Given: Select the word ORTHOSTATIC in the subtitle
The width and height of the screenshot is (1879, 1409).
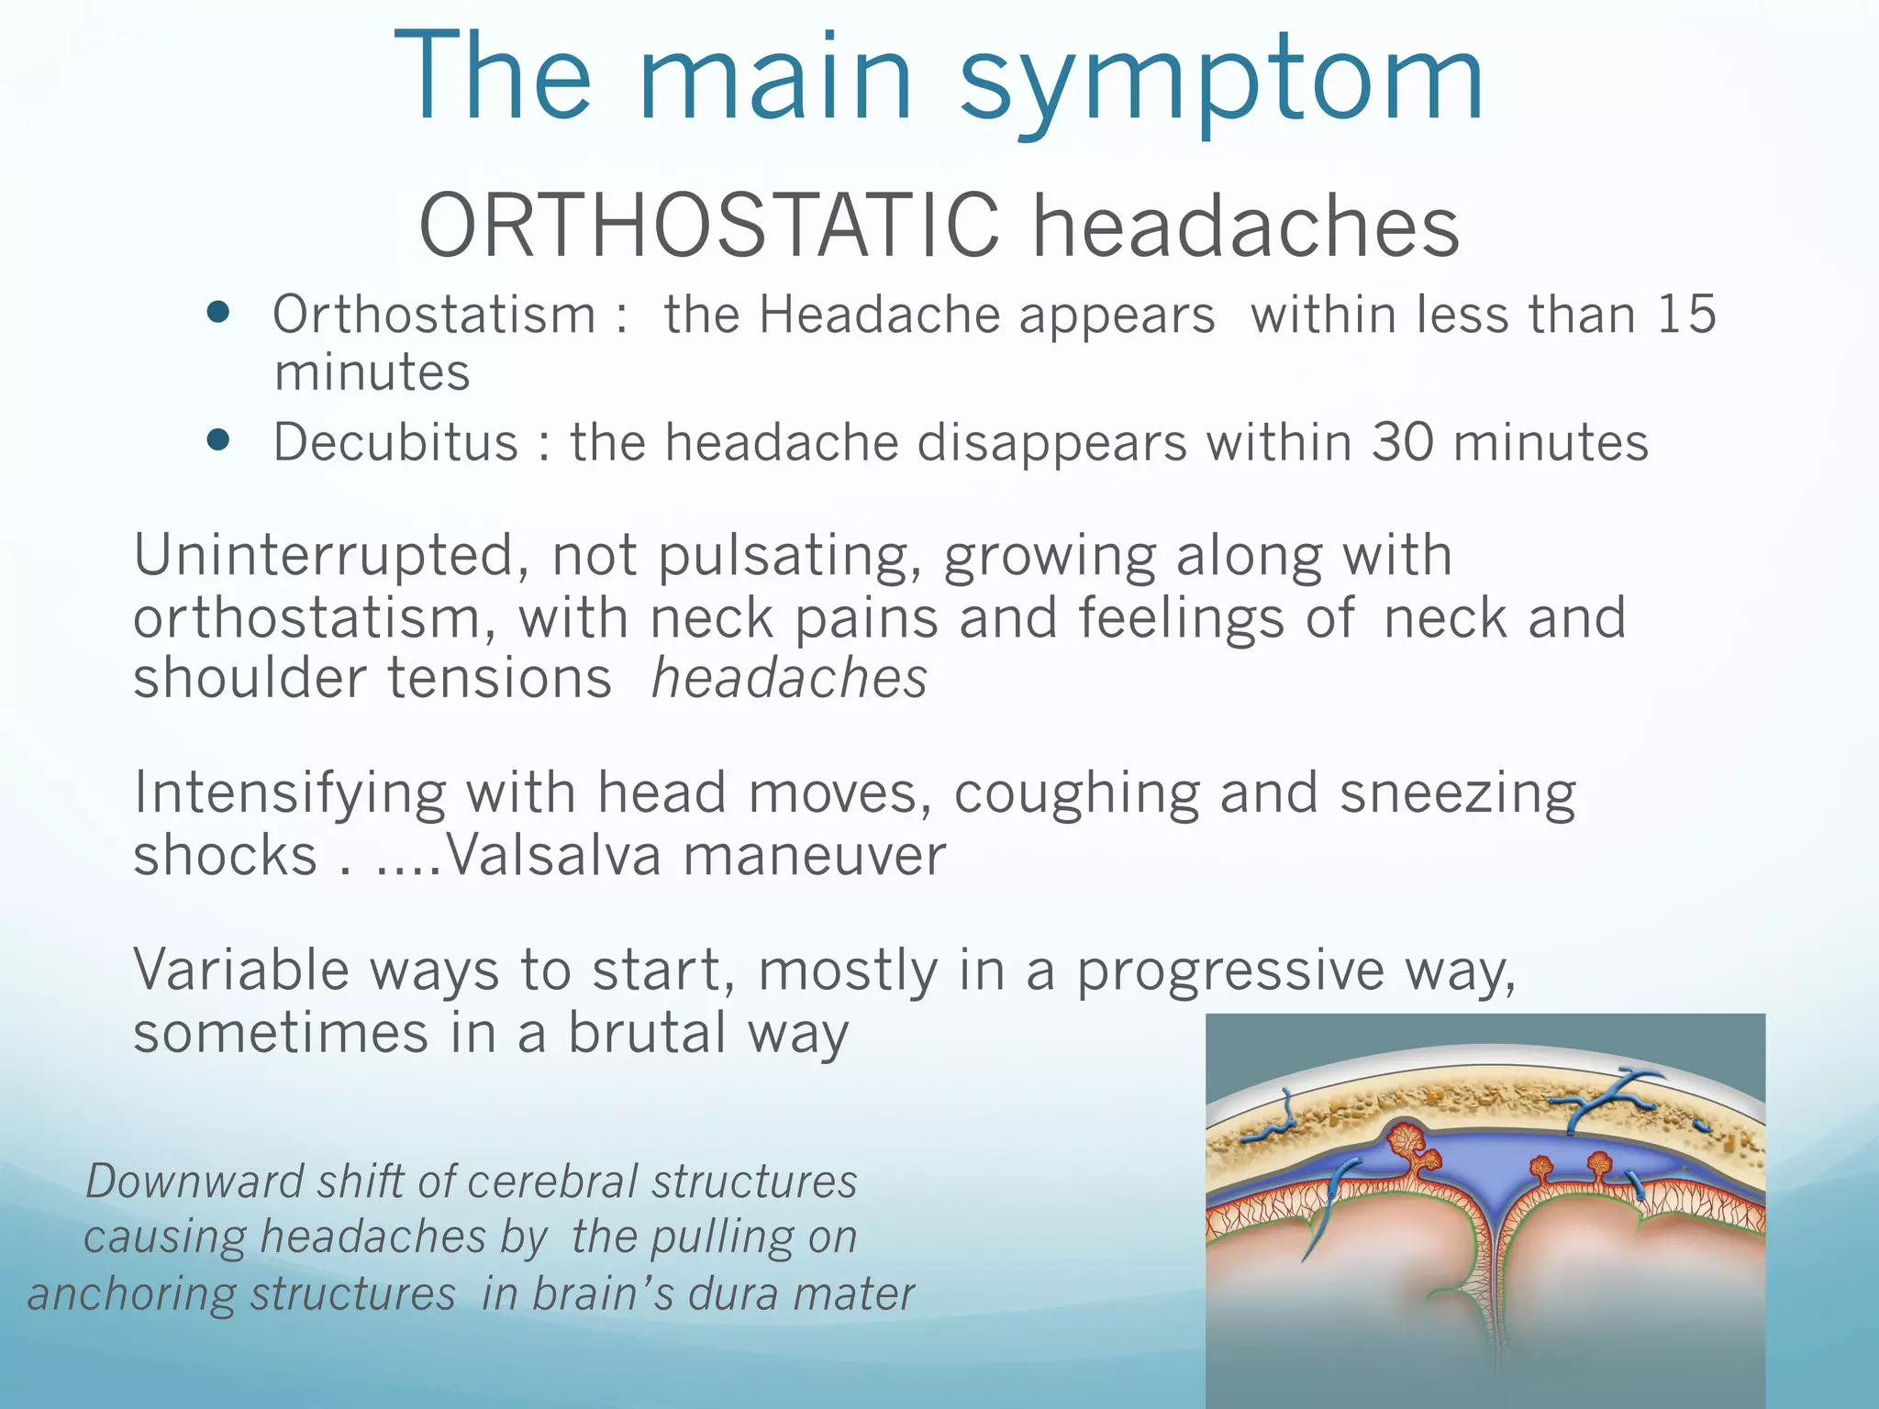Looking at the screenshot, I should pyautogui.click(x=708, y=226).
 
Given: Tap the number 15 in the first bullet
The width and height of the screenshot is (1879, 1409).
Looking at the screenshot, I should pyautogui.click(x=1686, y=315).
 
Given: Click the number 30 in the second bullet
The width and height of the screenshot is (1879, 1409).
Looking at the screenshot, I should pyautogui.click(x=1402, y=442).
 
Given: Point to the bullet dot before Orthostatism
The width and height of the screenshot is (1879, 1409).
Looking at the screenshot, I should pyautogui.click(x=218, y=314).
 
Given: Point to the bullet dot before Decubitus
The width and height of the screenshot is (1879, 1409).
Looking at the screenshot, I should pyautogui.click(x=218, y=440).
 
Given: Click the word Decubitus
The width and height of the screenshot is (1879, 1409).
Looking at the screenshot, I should pyautogui.click(x=396, y=442).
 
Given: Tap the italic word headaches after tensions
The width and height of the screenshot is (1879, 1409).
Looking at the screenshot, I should pyautogui.click(x=789, y=679).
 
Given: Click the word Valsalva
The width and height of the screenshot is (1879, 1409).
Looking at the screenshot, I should pyautogui.click(x=553, y=855).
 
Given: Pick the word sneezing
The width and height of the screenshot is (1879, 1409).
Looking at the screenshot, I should pyautogui.click(x=1457, y=793).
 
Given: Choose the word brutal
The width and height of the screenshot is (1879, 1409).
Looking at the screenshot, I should pyautogui.click(x=648, y=1033).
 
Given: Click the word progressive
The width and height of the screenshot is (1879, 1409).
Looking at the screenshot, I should pyautogui.click(x=1229, y=971).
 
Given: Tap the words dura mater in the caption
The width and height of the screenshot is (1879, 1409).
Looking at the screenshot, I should pyautogui.click(x=801, y=1294).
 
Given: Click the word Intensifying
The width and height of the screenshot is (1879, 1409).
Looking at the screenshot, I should pyautogui.click(x=289, y=793).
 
